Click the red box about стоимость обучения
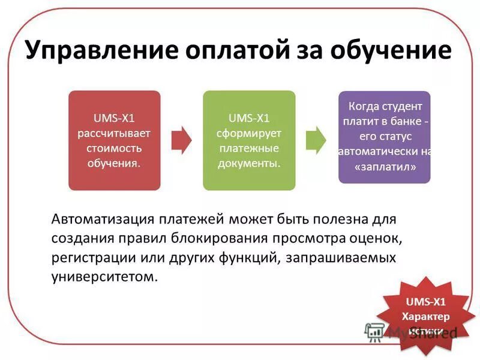tap(114, 140)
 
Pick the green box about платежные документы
tap(249, 140)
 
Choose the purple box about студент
tap(385, 137)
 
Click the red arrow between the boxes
tap(181, 140)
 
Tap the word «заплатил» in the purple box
tap(385, 167)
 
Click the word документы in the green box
tap(249, 163)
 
